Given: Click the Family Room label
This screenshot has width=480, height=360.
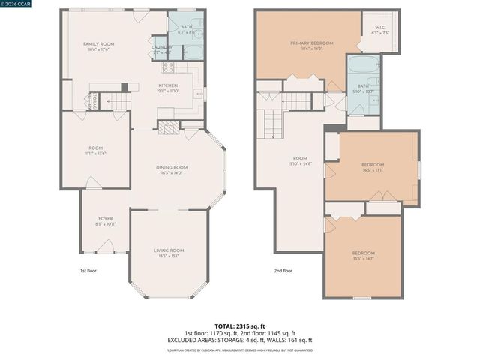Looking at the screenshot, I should coord(97,44).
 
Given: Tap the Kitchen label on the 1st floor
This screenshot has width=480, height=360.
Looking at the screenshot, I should coord(167,85).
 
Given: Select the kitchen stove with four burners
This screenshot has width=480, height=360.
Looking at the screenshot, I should coord(169,67).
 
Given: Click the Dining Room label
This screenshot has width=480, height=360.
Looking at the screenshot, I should coord(171,167).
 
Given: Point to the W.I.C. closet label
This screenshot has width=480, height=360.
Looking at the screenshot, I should coord(378,28).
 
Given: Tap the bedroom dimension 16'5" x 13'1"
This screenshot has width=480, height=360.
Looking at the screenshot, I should coord(372,170).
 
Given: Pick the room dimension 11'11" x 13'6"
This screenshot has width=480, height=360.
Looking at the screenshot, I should coord(97,153).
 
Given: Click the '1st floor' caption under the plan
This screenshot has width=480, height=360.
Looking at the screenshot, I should coord(88,270).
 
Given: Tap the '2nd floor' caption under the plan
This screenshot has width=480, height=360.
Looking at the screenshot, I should coord(283,270).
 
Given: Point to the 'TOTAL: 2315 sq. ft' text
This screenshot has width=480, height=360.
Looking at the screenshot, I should coord(240,325).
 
